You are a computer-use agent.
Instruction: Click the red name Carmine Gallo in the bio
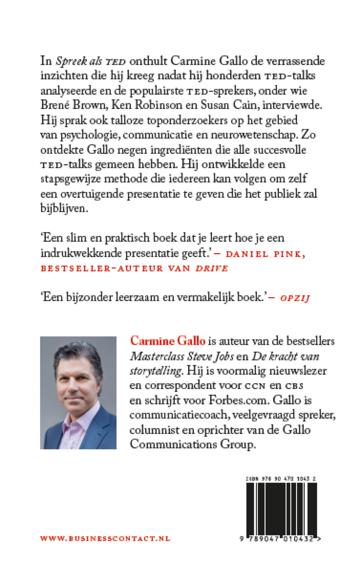pyautogui.click(x=168, y=341)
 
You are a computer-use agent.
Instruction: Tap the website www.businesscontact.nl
pyautogui.click(x=105, y=539)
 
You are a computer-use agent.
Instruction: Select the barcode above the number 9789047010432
pyautogui.click(x=281, y=509)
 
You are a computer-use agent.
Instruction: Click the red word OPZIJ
pyautogui.click(x=295, y=298)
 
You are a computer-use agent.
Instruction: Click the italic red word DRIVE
pyautogui.click(x=212, y=268)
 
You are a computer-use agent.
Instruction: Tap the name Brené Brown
pyautogui.click(x=73, y=105)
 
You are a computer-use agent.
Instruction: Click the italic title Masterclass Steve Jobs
pyautogui.click(x=182, y=356)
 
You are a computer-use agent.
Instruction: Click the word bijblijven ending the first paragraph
pyautogui.click(x=63, y=208)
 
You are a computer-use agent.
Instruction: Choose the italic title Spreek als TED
pyautogui.click(x=91, y=61)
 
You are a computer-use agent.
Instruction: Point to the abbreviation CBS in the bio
pyautogui.click(x=294, y=386)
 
